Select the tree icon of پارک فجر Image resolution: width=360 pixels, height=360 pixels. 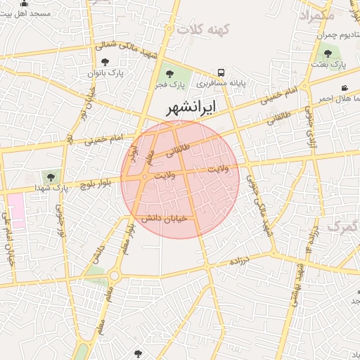[168, 73]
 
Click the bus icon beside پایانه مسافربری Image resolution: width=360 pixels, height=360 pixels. [221, 72]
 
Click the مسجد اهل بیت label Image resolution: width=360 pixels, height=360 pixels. [25, 14]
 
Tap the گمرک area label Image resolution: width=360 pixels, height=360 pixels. [343, 227]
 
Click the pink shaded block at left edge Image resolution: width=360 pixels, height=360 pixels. [15, 210]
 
